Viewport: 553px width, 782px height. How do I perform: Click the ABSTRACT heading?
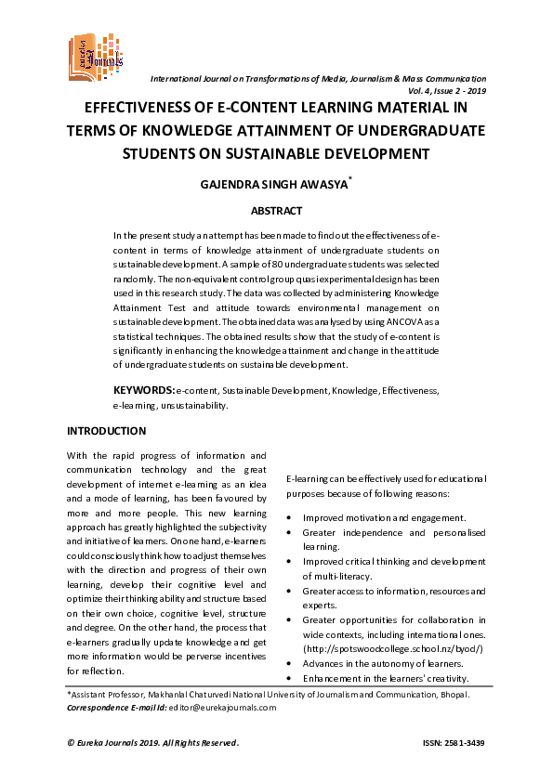pos(276,211)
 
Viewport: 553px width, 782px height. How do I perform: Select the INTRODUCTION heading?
pos(107,431)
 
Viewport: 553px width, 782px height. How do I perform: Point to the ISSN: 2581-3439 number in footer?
pos(454,743)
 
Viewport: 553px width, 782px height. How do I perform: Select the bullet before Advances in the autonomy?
pos(292,663)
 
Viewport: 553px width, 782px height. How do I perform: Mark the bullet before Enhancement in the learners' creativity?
pos(292,678)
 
